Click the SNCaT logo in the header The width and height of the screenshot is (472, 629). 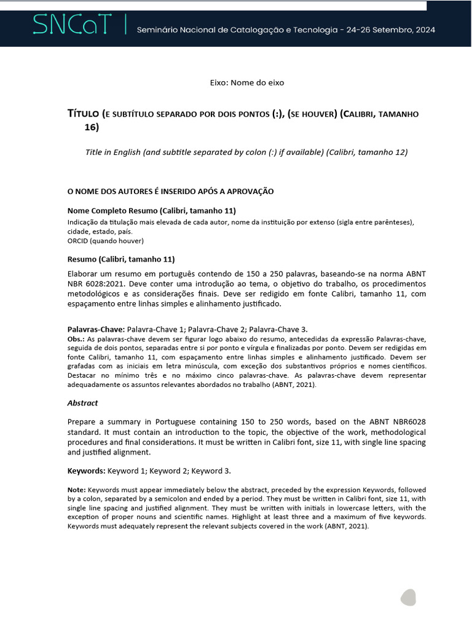pyautogui.click(x=73, y=26)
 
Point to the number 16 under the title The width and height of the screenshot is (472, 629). pyautogui.click(x=91, y=128)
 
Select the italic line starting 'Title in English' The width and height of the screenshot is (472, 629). pyautogui.click(x=246, y=152)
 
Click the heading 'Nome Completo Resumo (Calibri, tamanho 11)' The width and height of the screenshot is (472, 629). pyautogui.click(x=151, y=210)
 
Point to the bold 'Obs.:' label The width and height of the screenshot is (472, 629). pyautogui.click(x=76, y=339)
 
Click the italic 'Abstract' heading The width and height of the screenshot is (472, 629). pyautogui.click(x=82, y=403)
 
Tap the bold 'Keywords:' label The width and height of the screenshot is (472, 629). pyautogui.click(x=86, y=471)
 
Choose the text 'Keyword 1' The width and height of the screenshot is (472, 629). pyautogui.click(x=127, y=471)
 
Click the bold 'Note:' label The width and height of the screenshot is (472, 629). pyautogui.click(x=76, y=490)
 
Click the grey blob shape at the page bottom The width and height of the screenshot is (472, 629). pyautogui.click(x=408, y=597)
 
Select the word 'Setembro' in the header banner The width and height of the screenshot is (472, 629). pyautogui.click(x=385, y=29)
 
